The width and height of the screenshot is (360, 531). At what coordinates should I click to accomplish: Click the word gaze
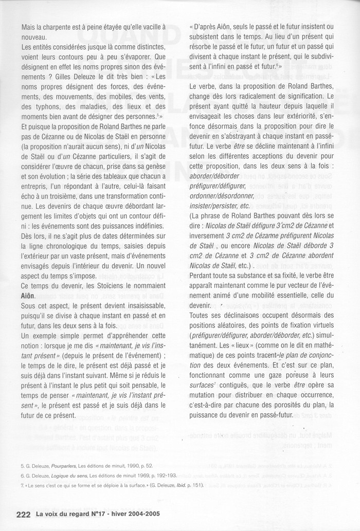click(278, 376)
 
